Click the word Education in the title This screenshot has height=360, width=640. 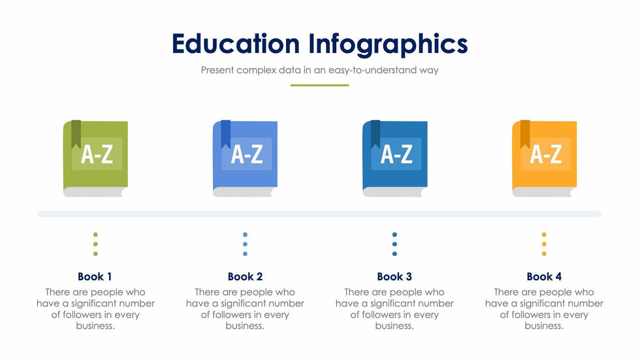236,44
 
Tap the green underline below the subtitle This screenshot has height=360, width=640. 319,86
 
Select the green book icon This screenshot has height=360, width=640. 95,158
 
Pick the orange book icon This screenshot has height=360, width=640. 545,158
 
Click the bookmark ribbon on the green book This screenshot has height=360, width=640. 76,134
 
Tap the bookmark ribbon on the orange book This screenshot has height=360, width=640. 525,134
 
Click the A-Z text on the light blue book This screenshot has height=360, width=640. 247,155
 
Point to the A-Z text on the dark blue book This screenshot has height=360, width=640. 397,155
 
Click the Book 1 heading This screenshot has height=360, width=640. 95,277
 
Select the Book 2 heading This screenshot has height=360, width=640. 245,277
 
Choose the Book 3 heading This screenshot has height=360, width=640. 394,277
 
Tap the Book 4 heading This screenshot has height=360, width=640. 544,277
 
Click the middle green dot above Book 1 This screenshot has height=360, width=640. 95,244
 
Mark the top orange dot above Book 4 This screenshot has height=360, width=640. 544,235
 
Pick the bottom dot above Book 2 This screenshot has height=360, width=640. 245,254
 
